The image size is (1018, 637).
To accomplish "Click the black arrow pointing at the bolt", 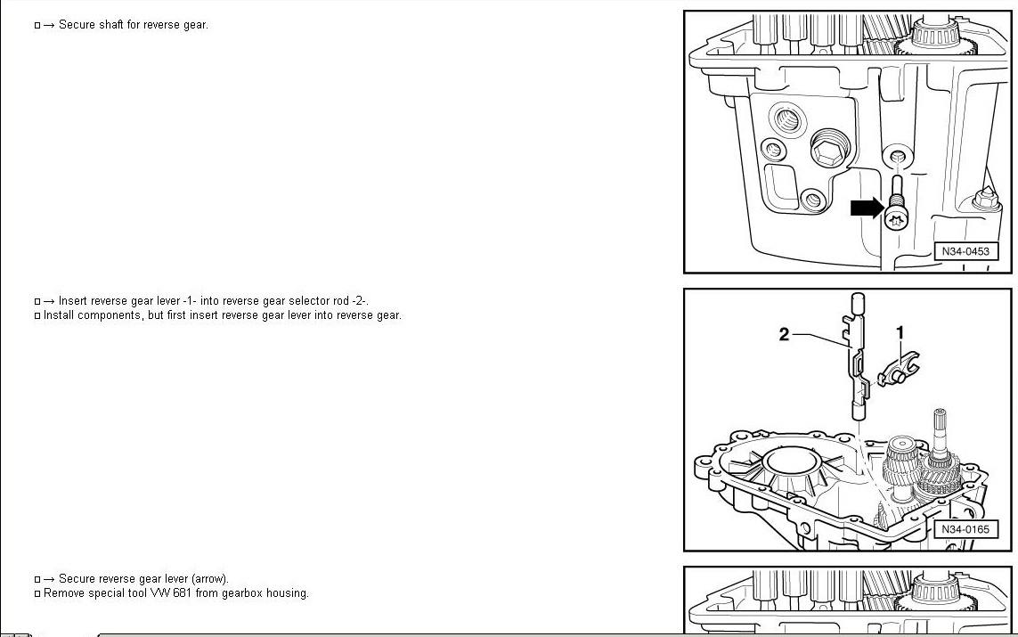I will (866, 208).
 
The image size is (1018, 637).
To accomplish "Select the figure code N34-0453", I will (965, 251).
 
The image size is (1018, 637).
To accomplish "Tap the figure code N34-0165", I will (965, 529).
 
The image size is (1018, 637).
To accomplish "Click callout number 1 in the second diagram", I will (900, 332).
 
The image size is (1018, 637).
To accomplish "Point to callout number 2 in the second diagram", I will (785, 335).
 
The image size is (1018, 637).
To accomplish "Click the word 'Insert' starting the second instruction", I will (73, 301).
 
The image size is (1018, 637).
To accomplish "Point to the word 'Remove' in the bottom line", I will (62, 593).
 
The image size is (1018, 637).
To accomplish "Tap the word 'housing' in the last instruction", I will (289, 593).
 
